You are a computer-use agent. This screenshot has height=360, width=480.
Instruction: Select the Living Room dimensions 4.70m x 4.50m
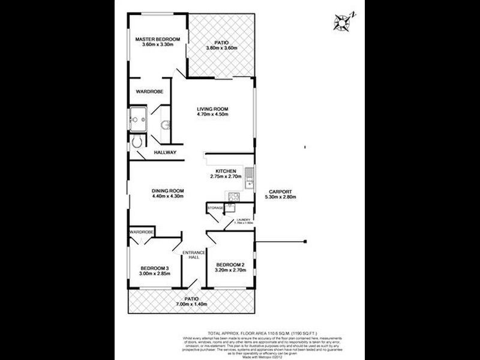click(214, 115)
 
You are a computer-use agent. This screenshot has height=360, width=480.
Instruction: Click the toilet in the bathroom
click(137, 142)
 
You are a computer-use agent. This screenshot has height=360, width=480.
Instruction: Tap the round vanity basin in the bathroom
click(166, 125)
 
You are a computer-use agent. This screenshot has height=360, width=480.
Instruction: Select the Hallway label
click(165, 152)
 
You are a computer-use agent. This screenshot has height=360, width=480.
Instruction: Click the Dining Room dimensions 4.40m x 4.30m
click(167, 196)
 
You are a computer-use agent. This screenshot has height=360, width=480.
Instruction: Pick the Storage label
click(215, 208)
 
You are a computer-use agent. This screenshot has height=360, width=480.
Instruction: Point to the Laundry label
click(244, 220)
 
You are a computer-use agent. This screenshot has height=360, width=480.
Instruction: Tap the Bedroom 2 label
click(230, 265)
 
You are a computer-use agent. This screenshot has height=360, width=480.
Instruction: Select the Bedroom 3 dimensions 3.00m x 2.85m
click(155, 274)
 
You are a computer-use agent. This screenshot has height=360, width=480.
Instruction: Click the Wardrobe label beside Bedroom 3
click(142, 232)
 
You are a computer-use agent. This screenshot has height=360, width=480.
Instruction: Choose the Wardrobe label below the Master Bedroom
click(148, 92)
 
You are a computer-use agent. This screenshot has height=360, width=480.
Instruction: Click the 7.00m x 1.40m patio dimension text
click(191, 304)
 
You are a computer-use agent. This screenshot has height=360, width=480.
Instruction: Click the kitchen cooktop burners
click(233, 197)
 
